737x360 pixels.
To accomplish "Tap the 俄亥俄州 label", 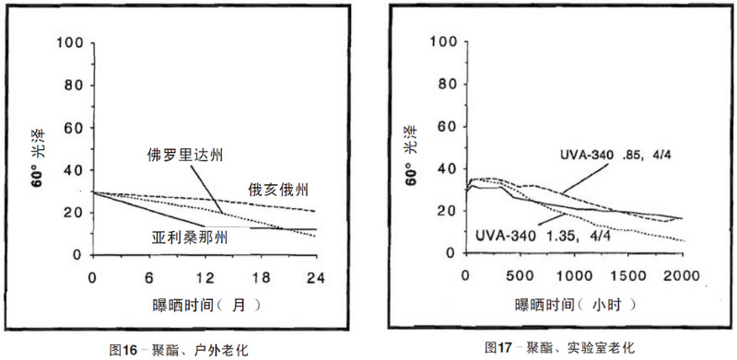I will pos(277,188).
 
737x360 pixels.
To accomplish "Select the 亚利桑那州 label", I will pos(190,237).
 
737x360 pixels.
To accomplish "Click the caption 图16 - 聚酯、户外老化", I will pos(179,349).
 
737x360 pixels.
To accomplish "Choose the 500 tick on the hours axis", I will pos(520,275).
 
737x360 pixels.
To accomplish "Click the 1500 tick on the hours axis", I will pos(629,275).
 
